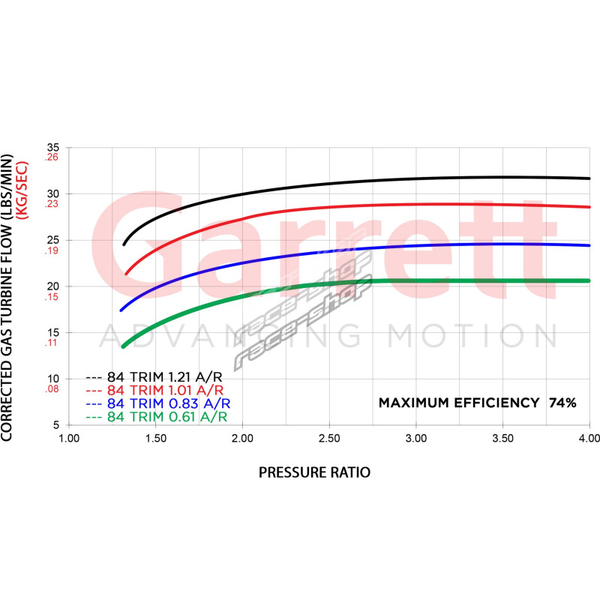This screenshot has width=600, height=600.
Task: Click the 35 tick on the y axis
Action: (52, 148)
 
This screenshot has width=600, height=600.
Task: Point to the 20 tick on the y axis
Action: (52, 286)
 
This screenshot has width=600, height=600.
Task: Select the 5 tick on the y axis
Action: (55, 424)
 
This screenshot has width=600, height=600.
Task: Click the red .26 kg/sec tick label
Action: (51, 157)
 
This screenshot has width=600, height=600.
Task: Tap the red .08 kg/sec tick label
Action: (51, 389)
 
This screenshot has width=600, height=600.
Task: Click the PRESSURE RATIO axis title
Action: (314, 472)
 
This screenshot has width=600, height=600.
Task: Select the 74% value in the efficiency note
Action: (562, 403)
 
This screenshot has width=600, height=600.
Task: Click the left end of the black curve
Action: (124, 244)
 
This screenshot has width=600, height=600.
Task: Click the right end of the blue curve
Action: (589, 245)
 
